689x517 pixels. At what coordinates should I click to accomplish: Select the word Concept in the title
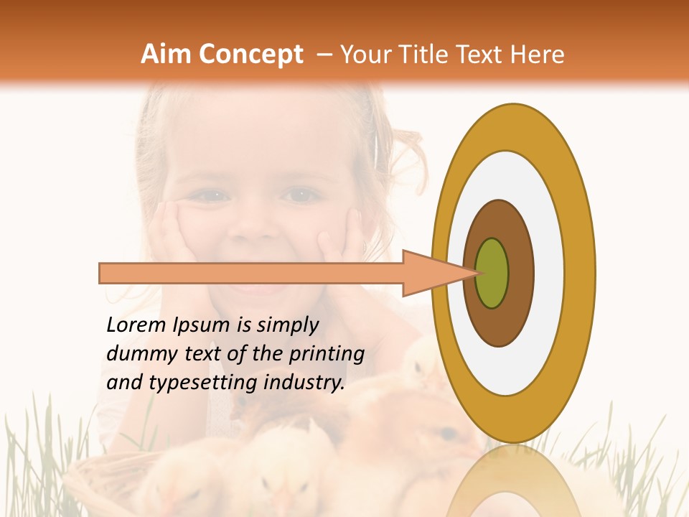pos(250,55)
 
